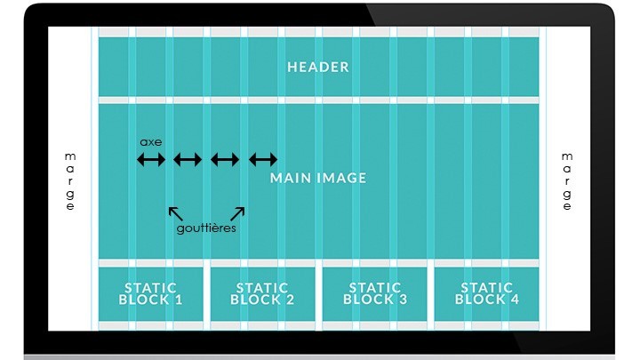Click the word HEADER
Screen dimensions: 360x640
318,67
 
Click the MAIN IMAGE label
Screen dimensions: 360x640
318,178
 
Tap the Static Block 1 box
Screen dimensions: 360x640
150,293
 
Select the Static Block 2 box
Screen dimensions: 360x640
262,293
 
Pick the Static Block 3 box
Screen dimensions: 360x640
374,293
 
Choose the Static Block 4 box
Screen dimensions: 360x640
486,293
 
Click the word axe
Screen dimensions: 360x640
151,141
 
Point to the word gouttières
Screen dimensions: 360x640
205,228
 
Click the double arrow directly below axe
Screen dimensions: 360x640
151,160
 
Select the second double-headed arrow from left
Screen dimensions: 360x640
188,160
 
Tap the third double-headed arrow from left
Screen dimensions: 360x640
225,160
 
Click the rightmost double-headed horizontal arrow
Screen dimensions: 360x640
263,160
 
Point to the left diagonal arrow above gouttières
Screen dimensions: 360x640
176,212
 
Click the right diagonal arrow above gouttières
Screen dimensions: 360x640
237,212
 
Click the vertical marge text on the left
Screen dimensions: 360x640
70,181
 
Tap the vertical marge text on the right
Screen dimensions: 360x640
567,181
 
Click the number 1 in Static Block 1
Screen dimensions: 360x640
178,300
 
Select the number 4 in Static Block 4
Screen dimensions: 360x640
514,300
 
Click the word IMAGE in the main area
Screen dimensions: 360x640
340,178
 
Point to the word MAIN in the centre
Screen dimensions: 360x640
290,178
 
